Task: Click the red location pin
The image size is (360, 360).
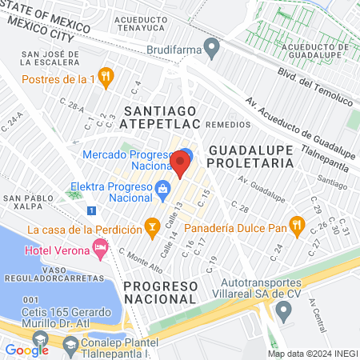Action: (180, 165)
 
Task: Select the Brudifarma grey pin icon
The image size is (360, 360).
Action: (212, 50)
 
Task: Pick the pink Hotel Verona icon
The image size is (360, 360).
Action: (100, 248)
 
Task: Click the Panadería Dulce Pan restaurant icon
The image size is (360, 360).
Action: (297, 226)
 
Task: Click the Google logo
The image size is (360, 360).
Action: (27, 349)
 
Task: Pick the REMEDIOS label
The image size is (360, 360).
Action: (228, 125)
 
